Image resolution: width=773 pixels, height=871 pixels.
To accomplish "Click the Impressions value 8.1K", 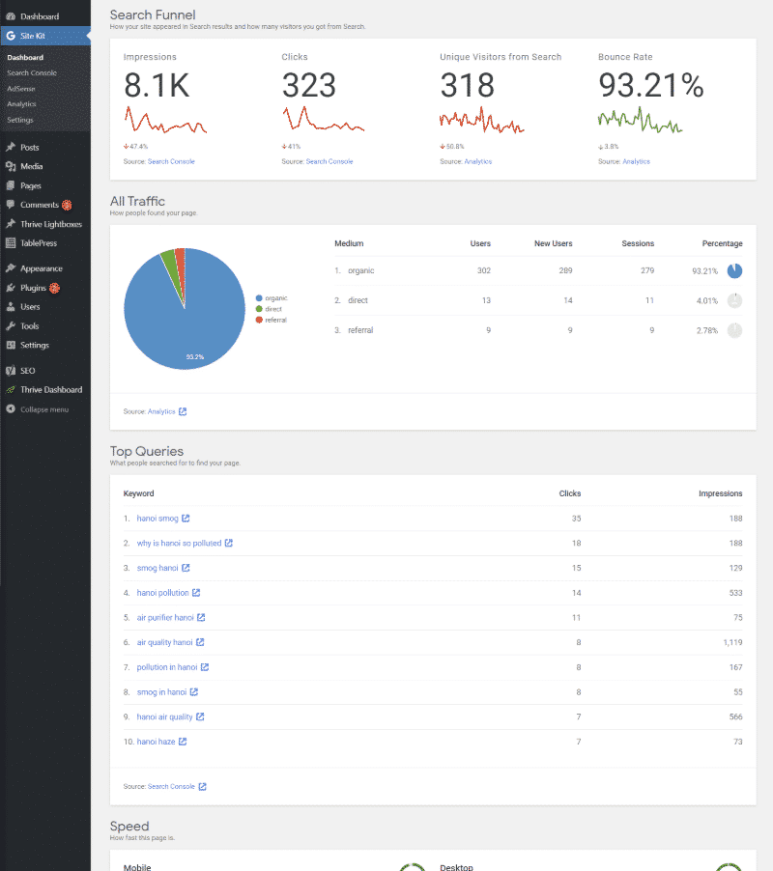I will click(x=157, y=86).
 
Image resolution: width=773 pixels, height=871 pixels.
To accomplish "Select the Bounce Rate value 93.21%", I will click(x=650, y=86).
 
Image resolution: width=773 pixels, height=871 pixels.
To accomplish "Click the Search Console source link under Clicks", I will click(x=329, y=161).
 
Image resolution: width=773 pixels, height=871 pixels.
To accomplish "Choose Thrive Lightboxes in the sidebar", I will click(x=50, y=224).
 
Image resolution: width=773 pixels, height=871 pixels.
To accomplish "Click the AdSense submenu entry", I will click(x=20, y=88).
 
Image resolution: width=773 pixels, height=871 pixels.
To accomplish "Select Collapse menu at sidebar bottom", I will click(x=43, y=409).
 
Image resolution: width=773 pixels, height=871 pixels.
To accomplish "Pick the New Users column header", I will click(x=553, y=243).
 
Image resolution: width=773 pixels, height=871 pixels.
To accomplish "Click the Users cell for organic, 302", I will click(x=483, y=270).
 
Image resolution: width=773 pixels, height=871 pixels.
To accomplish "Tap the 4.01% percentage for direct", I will click(x=706, y=300).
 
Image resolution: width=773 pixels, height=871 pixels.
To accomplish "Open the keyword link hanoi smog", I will click(x=157, y=519).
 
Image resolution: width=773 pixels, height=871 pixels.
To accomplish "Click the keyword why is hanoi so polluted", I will click(x=179, y=543).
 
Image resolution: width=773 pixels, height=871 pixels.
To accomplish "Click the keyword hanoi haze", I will click(x=156, y=742).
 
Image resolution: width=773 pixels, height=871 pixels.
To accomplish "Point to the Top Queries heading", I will click(x=146, y=451).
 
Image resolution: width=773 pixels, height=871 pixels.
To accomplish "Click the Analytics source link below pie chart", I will click(x=161, y=411).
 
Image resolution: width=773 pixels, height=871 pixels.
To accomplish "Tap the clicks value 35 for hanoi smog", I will click(x=576, y=519).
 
